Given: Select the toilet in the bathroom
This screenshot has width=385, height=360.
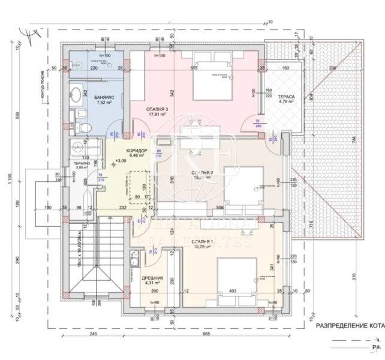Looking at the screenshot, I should point(84,127).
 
